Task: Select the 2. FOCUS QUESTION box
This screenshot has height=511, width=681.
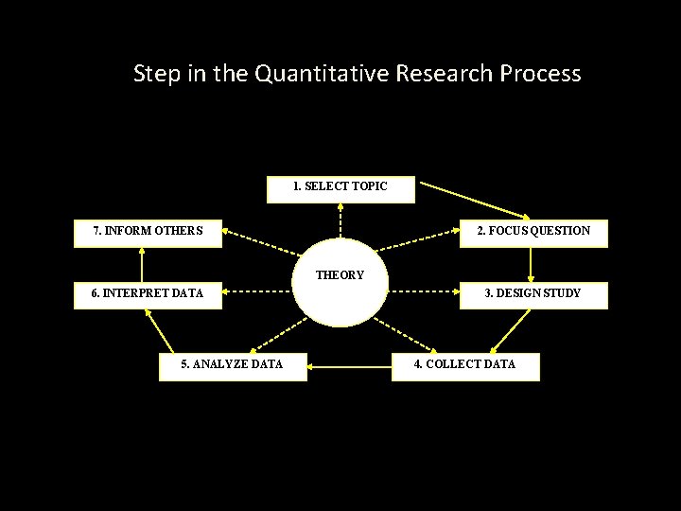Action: click(533, 232)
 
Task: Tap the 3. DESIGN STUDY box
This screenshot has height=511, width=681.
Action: click(533, 294)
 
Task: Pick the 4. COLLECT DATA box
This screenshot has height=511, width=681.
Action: click(465, 365)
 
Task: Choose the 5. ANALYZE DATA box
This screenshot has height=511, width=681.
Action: click(233, 365)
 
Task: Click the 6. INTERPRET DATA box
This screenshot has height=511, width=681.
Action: click(148, 294)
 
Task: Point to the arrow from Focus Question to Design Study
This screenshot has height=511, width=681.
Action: click(532, 264)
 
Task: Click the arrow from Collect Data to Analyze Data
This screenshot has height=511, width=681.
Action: click(349, 365)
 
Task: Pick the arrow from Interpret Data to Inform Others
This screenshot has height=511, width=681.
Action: click(142, 264)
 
